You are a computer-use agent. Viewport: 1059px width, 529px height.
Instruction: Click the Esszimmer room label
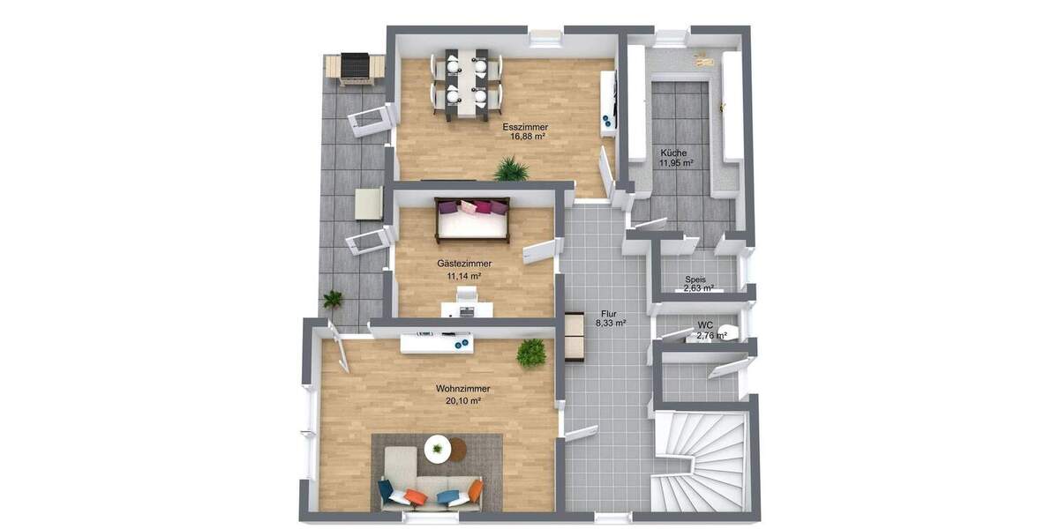(x=529, y=127)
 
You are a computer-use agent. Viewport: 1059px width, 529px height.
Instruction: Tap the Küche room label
(x=672, y=153)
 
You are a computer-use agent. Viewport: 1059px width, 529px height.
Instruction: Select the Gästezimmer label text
(x=464, y=264)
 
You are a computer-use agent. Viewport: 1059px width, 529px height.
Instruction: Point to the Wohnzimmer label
(x=462, y=389)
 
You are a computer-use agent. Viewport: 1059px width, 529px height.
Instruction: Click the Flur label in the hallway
(x=609, y=314)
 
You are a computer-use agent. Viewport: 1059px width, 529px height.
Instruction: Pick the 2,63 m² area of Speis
(x=699, y=288)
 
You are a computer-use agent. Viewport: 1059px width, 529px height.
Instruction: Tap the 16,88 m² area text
(x=529, y=138)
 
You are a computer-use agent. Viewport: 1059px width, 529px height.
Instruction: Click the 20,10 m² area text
(x=462, y=400)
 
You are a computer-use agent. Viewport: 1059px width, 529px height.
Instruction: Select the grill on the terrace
(x=354, y=68)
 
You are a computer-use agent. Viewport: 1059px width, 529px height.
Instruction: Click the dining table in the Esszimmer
(x=465, y=81)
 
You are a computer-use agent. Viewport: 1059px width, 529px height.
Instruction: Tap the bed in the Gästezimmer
(x=472, y=220)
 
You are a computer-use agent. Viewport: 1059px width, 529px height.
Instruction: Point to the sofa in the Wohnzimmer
(x=430, y=489)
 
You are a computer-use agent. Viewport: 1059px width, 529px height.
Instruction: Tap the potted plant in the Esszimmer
(x=511, y=168)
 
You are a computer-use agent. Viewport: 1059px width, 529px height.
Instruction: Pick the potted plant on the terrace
(x=333, y=300)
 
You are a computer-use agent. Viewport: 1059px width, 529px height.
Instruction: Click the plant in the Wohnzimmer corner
(x=530, y=353)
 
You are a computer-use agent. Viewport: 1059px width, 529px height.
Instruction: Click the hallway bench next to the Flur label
(x=575, y=336)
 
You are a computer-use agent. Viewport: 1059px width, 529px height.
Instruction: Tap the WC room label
(x=704, y=325)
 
